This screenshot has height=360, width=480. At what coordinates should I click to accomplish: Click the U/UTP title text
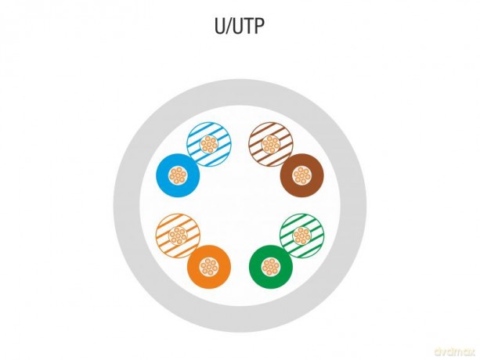click(239, 27)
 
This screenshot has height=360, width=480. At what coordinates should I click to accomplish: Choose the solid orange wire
click(208, 267)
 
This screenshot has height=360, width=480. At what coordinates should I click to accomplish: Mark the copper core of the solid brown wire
click(301, 175)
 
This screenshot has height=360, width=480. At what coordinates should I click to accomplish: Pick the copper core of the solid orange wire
click(209, 267)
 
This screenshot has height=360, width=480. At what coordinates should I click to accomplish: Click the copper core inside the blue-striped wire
click(209, 144)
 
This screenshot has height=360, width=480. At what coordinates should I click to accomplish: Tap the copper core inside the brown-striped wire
click(271, 144)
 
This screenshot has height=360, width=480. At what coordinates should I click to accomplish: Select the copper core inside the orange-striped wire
click(178, 236)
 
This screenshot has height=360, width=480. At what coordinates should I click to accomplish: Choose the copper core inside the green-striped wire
click(301, 236)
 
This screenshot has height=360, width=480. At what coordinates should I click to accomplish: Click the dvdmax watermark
click(455, 351)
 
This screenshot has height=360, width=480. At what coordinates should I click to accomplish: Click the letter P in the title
click(258, 27)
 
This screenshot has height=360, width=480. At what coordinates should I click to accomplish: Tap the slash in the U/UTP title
click(229, 27)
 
